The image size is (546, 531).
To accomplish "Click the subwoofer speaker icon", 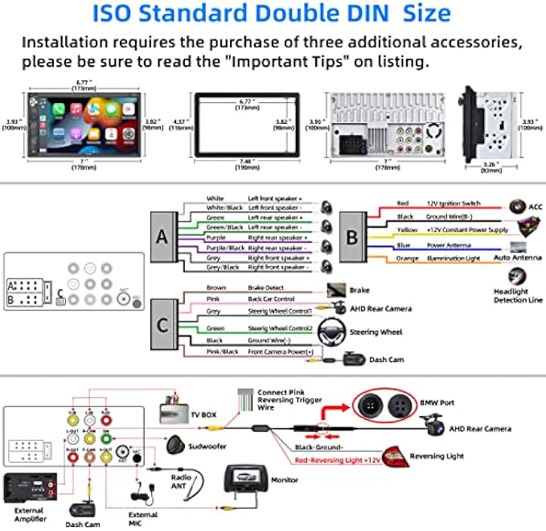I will coord(177,443).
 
